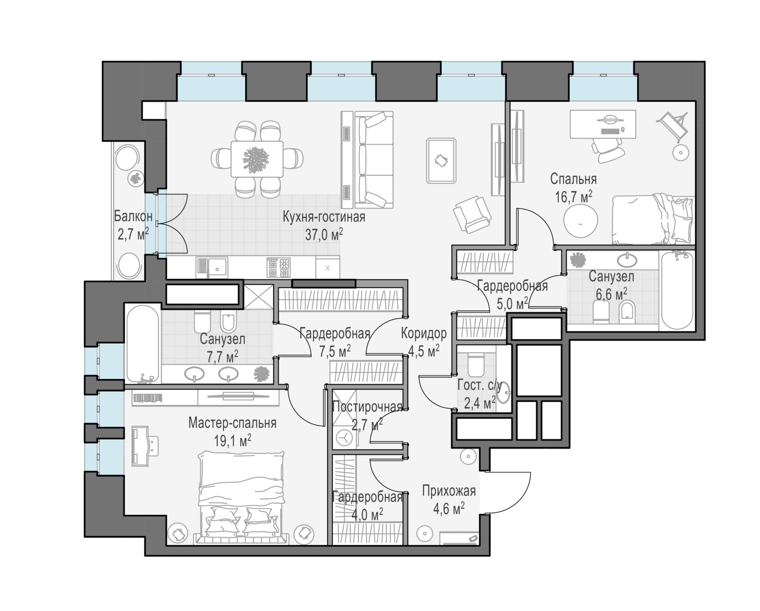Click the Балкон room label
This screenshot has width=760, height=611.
point(133,216)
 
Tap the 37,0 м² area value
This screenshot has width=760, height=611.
point(324,234)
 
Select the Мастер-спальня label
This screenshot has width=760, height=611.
point(233,423)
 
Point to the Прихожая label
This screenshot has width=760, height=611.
point(449,491)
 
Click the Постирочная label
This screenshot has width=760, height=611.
point(368,408)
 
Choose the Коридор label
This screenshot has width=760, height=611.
point(424,333)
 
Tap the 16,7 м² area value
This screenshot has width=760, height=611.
point(574,196)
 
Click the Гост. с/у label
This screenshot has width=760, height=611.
point(479,385)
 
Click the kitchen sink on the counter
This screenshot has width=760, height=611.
point(212,268)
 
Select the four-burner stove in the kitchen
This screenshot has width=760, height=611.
point(279,268)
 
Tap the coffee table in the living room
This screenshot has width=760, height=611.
point(441,160)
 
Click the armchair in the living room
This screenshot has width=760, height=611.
point(472,214)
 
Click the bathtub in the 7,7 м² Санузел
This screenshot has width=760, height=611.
point(142,344)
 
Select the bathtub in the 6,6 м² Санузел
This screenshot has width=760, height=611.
point(677,290)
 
